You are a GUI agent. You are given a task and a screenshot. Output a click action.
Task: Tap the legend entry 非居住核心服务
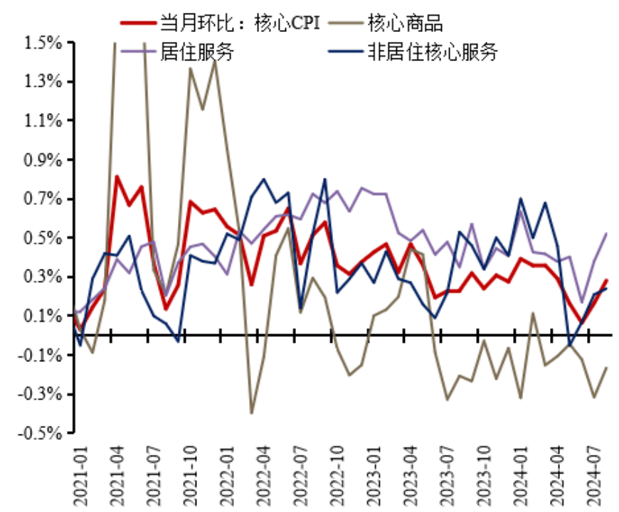[x=432, y=51]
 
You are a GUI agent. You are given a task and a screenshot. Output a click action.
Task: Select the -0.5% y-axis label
[x=41, y=432]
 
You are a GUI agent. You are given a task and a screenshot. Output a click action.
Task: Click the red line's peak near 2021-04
[x=117, y=176]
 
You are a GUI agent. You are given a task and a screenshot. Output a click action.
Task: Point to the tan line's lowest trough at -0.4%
[x=251, y=413]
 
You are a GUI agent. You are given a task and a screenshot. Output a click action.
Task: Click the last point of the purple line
[x=606, y=233]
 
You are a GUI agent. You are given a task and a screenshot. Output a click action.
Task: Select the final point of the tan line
[x=606, y=368]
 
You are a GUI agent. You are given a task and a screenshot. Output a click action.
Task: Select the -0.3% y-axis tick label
[x=41, y=393]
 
